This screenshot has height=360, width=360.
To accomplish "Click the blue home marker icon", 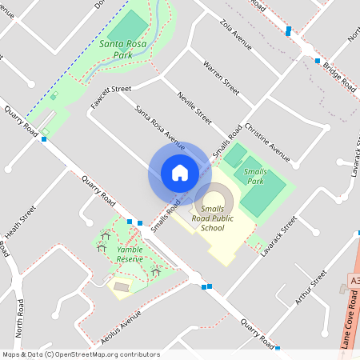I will coord(180,173).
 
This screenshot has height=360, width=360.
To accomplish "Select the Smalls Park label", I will coord(255,176).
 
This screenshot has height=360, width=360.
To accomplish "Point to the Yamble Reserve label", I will coord(130,254).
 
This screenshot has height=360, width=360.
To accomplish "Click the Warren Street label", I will coord(222,77).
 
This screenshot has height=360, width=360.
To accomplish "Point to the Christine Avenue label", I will coord(267,138).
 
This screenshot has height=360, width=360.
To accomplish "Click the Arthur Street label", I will coord(311,287).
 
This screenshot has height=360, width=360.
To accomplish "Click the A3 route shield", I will coord(354,282).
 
